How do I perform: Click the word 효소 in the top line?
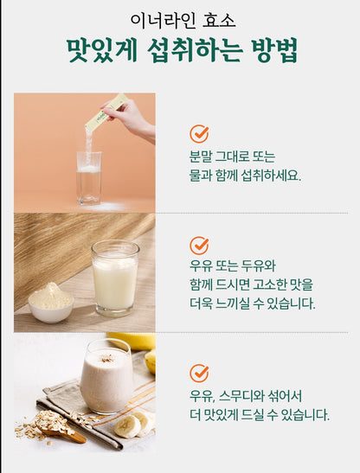point(219,20)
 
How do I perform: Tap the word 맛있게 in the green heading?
point(102,50)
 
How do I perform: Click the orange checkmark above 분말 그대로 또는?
point(199,133)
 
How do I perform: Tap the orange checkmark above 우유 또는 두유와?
point(199,246)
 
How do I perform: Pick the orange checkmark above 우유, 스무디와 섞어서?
point(199,373)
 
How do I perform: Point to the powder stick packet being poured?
point(106,112)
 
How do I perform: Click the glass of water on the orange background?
point(89,178)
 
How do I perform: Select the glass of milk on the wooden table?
point(115,278)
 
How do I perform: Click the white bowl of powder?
point(51,304)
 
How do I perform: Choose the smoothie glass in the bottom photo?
point(107,376)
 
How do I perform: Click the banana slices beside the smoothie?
point(133,424)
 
